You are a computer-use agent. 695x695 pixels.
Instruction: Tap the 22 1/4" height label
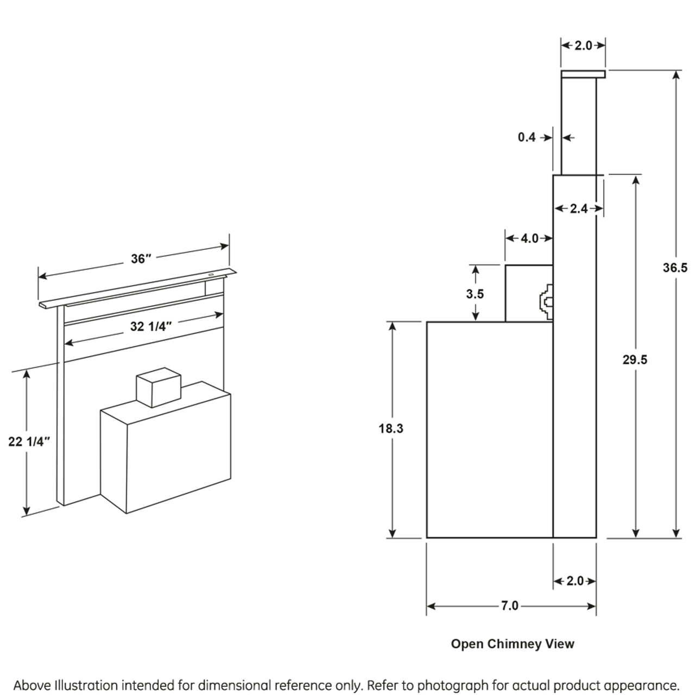click(29, 441)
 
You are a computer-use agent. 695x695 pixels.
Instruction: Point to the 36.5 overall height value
click(675, 268)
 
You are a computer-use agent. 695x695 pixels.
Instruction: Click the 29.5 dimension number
click(635, 359)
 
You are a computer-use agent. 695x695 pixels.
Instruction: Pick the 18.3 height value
click(391, 428)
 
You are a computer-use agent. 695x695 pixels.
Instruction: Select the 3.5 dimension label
click(475, 294)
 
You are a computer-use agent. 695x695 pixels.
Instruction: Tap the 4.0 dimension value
click(529, 238)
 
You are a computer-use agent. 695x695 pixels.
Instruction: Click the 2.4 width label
click(579, 208)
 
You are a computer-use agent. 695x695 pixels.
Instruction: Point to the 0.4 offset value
click(527, 137)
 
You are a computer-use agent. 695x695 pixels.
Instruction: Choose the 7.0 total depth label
click(510, 605)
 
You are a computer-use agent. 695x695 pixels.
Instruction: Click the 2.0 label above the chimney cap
click(583, 46)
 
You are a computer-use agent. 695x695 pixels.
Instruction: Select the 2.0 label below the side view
click(574, 581)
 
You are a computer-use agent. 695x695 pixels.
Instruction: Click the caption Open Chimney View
click(513, 644)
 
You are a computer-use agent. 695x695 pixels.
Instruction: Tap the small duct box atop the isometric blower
click(157, 387)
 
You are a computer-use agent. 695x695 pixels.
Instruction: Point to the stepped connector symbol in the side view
click(545, 302)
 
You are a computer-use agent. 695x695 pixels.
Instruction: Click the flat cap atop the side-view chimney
click(583, 74)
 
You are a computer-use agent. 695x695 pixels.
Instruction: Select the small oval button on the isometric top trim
click(211, 275)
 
